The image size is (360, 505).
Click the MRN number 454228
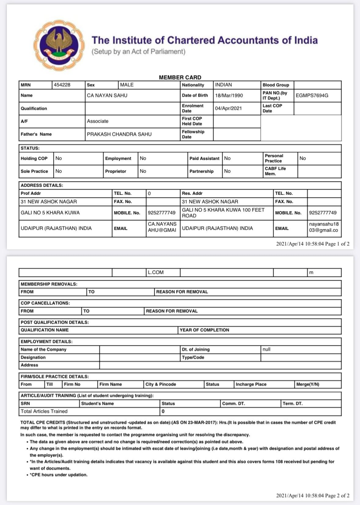pyautogui.click(x=62, y=85)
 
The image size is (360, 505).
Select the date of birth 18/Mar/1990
pyautogui.click(x=229, y=95)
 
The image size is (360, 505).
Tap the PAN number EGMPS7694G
pyautogui.click(x=312, y=95)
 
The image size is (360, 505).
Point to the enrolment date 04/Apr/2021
pyautogui.click(x=228, y=108)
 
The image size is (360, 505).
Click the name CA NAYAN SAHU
pyautogui.click(x=107, y=95)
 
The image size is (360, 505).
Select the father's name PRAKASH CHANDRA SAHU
pyautogui.click(x=119, y=134)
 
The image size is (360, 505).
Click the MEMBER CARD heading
pyautogui.click(x=180, y=77)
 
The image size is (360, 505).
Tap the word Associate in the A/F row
pyautogui.click(x=97, y=121)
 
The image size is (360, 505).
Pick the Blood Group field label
pyautogui.click(x=276, y=85)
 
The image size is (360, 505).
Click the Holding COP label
pyautogui.click(x=34, y=158)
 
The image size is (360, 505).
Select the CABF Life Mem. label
pyautogui.click(x=275, y=171)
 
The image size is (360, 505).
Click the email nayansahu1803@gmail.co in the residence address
pyautogui.click(x=324, y=227)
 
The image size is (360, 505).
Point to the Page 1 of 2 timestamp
pyautogui.click(x=313, y=244)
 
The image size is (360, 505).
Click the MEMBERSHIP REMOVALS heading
pyautogui.click(x=49, y=284)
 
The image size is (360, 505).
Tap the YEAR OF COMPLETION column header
pyautogui.click(x=204, y=330)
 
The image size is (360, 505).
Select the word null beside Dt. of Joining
pyautogui.click(x=266, y=349)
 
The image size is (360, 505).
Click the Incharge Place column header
pyautogui.click(x=251, y=384)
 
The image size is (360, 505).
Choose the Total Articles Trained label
pyautogui.click(x=44, y=411)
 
